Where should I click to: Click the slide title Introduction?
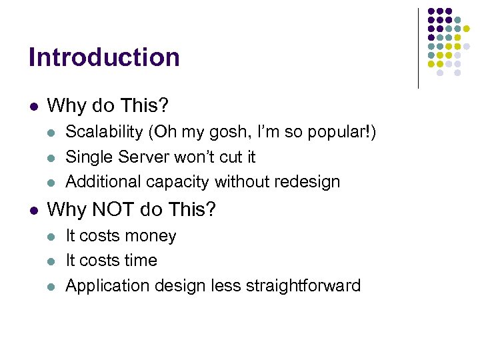coord(104,57)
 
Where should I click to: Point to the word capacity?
coord(176,181)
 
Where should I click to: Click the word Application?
coord(107,286)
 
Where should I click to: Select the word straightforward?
coord(303,286)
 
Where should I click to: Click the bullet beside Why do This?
coord(33,106)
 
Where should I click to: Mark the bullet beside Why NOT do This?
coord(33,211)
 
